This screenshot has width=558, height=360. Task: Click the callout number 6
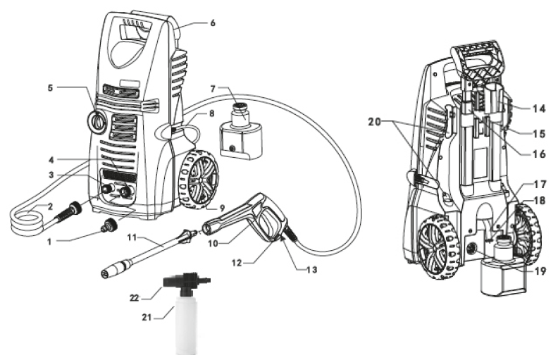tap(212, 23)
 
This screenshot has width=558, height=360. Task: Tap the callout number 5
tap(50, 89)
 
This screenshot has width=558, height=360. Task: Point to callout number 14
tap(539, 108)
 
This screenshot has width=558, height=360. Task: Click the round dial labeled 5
tap(97, 122)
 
